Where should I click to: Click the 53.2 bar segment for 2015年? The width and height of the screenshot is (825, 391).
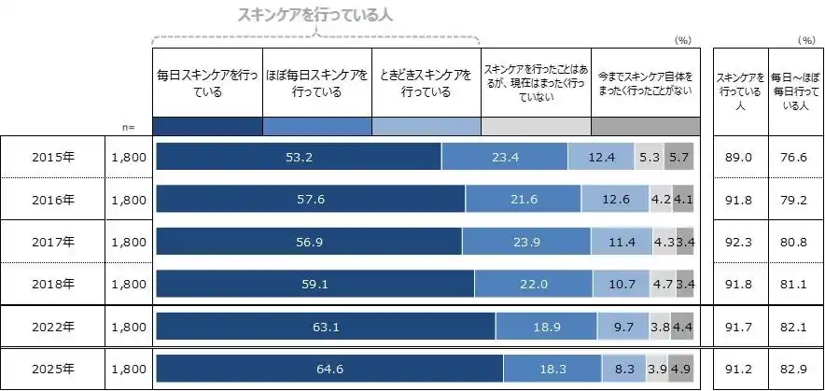(x=298, y=157)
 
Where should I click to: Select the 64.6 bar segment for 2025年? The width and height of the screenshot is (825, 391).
(x=330, y=370)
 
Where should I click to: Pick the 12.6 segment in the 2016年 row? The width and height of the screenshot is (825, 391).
(x=615, y=200)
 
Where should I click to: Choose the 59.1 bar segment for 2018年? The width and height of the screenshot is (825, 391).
(x=315, y=285)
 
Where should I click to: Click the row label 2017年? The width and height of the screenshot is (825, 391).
(x=51, y=242)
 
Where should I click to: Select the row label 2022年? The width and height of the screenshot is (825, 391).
(x=51, y=327)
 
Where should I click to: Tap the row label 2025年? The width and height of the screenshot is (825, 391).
(x=51, y=370)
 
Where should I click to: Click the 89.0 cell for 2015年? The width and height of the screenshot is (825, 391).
(x=739, y=157)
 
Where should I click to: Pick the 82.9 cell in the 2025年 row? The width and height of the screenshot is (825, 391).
(x=794, y=370)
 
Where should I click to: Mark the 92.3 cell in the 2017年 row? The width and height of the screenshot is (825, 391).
(x=739, y=242)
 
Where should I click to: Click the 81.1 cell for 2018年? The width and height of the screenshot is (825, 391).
(x=794, y=285)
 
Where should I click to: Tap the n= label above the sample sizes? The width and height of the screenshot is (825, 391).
(x=129, y=126)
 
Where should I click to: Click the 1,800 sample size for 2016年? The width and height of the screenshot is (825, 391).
(x=129, y=200)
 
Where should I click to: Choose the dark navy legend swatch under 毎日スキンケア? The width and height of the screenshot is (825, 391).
(x=207, y=126)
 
